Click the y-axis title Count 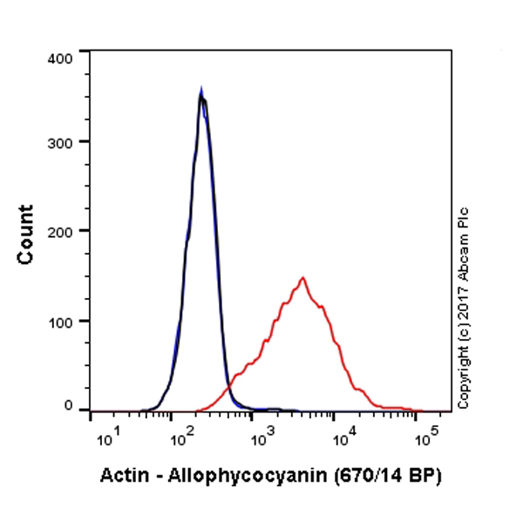point(26,234)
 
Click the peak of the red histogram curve point(302,278)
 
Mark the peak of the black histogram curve point(201,95)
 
